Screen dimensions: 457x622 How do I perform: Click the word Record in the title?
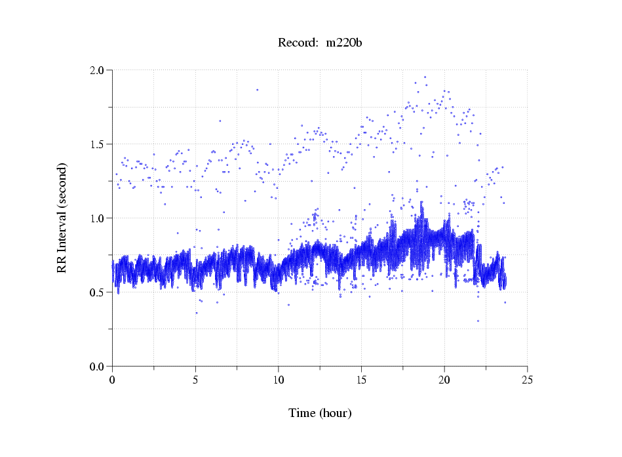coord(295,43)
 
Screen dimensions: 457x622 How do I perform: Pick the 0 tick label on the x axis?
coord(113,380)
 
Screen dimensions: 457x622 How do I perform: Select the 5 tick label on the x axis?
coord(195,380)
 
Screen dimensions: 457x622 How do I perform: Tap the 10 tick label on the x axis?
coord(279,380)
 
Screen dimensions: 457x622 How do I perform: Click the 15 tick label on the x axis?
coord(361,380)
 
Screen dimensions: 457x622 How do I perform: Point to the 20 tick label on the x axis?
coord(444,380)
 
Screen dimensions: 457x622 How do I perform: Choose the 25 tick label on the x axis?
coord(527,380)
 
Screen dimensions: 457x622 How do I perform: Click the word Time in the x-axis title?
coord(302,414)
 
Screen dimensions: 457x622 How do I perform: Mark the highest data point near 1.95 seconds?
coord(425,77)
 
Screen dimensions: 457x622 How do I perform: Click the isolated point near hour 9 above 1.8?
coord(257,90)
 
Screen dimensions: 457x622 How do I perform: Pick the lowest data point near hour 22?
coord(478,321)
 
